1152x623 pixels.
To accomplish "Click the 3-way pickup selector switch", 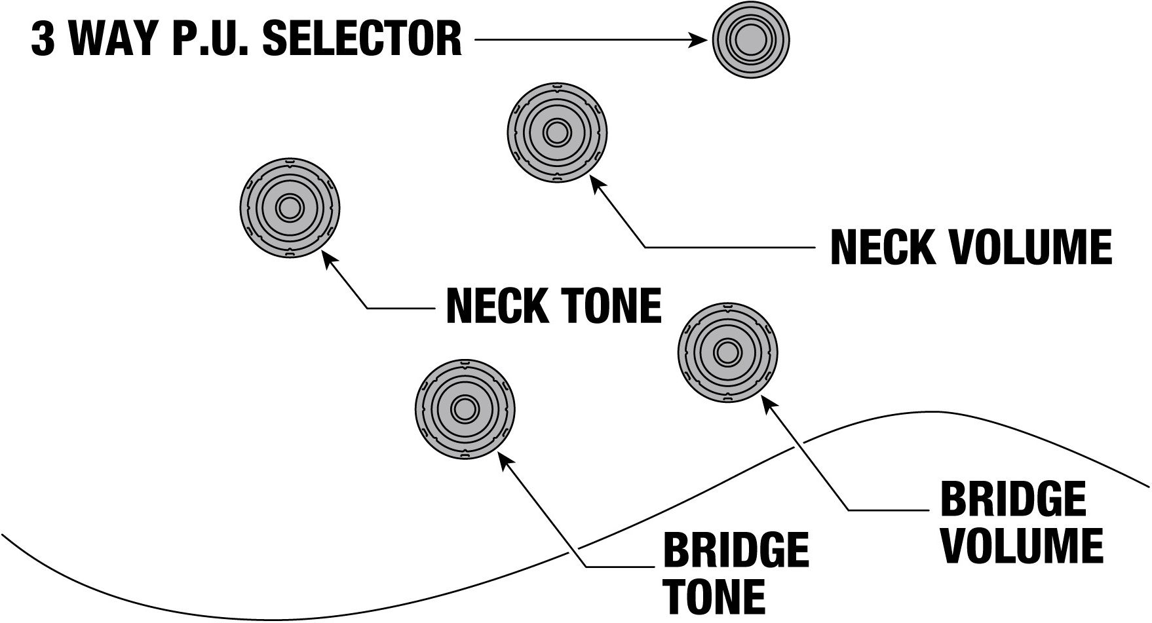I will [x=751, y=41].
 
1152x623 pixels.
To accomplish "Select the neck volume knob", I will [x=557, y=132].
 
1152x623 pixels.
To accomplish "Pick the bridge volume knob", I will [x=726, y=352].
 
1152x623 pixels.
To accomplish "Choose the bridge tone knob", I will [x=465, y=409].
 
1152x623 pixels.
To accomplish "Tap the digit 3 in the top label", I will [x=43, y=39].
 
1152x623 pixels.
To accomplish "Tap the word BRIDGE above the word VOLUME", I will [x=1013, y=500].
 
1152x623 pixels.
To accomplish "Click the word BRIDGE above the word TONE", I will [x=737, y=551].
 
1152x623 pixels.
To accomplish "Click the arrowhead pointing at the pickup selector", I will [x=702, y=41].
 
